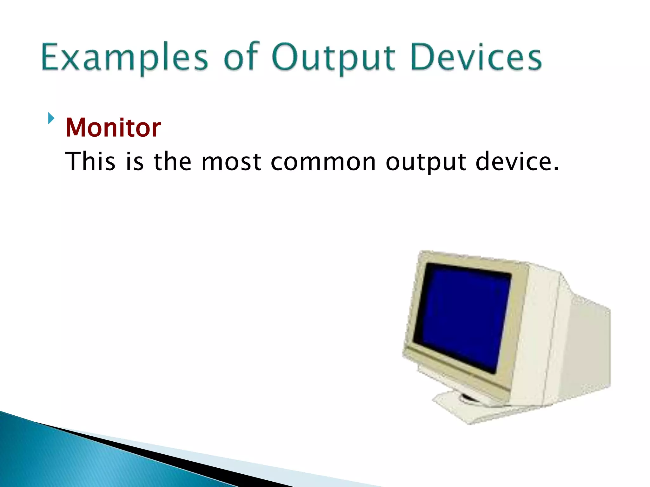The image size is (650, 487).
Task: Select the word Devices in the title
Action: coord(476,57)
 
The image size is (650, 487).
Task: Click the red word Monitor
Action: coord(113,127)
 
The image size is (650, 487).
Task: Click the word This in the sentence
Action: coord(90,162)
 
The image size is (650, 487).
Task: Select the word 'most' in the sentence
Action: coord(231,162)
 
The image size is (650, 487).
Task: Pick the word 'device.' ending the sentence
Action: coord(517,162)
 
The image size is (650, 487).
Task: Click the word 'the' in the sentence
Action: coord(173,162)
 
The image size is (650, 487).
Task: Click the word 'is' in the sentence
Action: coord(135,162)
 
